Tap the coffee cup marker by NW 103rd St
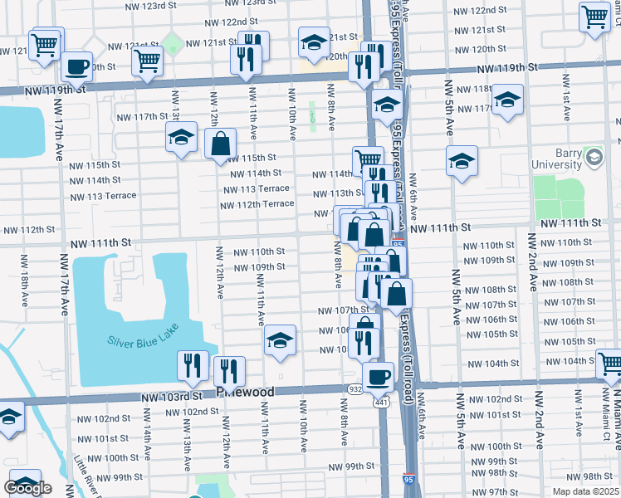[379, 376]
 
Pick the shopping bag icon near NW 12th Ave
[222, 144]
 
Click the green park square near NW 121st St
[173, 41]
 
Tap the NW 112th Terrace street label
[260, 203]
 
